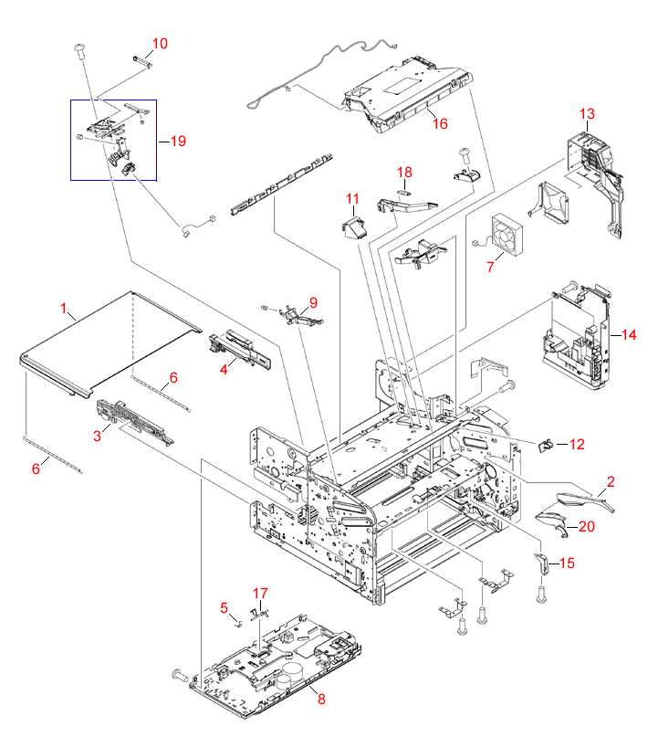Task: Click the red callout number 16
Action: pyautogui.click(x=440, y=123)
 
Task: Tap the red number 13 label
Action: pyautogui.click(x=586, y=114)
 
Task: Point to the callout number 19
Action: pyautogui.click(x=177, y=141)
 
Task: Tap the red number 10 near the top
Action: pyautogui.click(x=160, y=43)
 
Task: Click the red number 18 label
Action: pyautogui.click(x=404, y=172)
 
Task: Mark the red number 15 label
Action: pyautogui.click(x=567, y=563)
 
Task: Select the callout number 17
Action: pyautogui.click(x=261, y=593)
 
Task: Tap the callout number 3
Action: pyautogui.click(x=97, y=436)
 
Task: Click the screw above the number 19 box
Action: pyautogui.click(x=79, y=48)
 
